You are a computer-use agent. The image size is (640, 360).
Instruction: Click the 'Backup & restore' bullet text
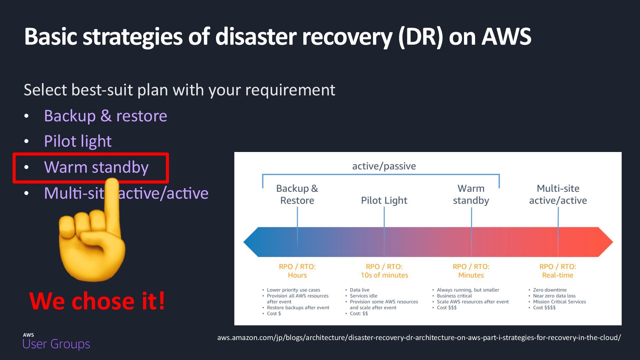point(105,116)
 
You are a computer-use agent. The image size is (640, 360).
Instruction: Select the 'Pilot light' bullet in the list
point(78,141)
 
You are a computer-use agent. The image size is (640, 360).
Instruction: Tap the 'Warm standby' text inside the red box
point(96,167)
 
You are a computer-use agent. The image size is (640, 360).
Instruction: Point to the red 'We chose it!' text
point(97,301)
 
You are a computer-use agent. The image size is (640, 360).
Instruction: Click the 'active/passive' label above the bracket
point(384,166)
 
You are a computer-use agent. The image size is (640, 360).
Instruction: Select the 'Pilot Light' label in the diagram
point(384,200)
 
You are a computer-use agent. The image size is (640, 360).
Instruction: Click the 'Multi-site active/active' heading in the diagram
point(558,194)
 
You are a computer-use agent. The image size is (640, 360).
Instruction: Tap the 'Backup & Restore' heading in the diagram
point(297,194)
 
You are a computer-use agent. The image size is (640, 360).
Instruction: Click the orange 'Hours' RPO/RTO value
point(297,275)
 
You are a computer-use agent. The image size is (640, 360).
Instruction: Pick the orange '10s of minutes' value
point(384,275)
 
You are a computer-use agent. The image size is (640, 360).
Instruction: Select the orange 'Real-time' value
point(557,275)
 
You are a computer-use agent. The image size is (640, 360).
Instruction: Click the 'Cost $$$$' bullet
point(544,308)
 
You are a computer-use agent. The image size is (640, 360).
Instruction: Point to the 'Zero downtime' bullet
point(549,290)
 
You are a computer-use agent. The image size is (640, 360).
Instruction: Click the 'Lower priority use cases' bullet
point(293,290)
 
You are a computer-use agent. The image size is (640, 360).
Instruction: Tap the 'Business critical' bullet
point(454,296)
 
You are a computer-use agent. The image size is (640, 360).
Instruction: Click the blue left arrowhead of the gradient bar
point(252,242)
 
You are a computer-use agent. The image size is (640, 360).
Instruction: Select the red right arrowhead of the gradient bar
point(605,242)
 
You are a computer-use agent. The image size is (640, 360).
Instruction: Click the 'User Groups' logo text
point(56,344)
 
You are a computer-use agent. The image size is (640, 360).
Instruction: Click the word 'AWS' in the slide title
point(506,36)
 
